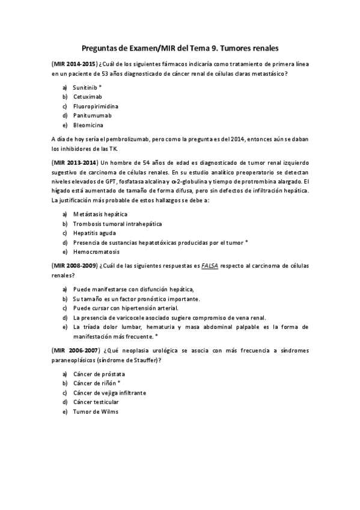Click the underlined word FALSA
click(210, 265)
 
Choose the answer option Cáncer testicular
click(96, 402)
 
